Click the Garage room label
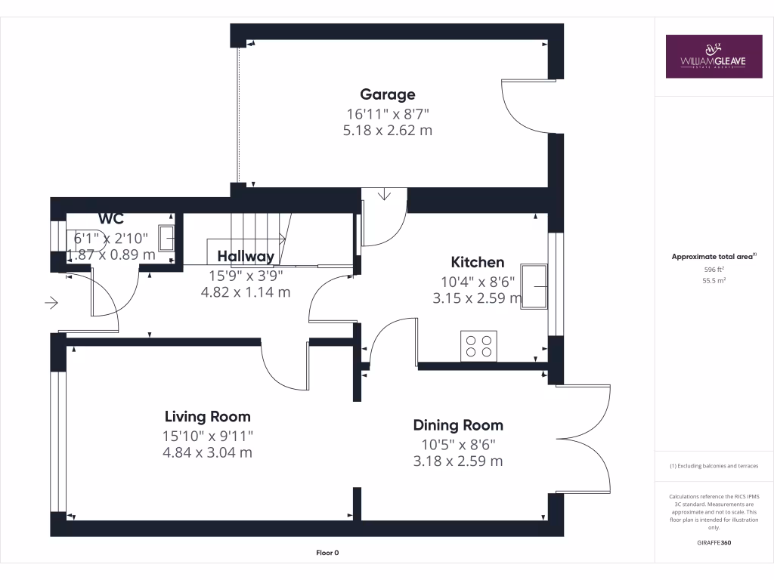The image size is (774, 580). pos(387,94)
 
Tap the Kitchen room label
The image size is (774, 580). pos(477,262)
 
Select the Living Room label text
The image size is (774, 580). pos(208,416)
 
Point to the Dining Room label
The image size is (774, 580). pos(457,425)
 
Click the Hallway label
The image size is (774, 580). pos(246,256)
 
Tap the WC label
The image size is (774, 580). pos(110,219)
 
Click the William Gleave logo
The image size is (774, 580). pos(714,56)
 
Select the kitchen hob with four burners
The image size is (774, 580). pos(478,346)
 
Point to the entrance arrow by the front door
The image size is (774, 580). pos(52,304)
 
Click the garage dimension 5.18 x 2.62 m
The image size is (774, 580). pos(387,131)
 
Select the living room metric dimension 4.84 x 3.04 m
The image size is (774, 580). pos(208,453)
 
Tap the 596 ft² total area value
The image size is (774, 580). pos(714,269)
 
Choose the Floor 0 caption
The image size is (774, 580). pos(327,553)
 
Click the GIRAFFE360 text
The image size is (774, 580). pos(714,543)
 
